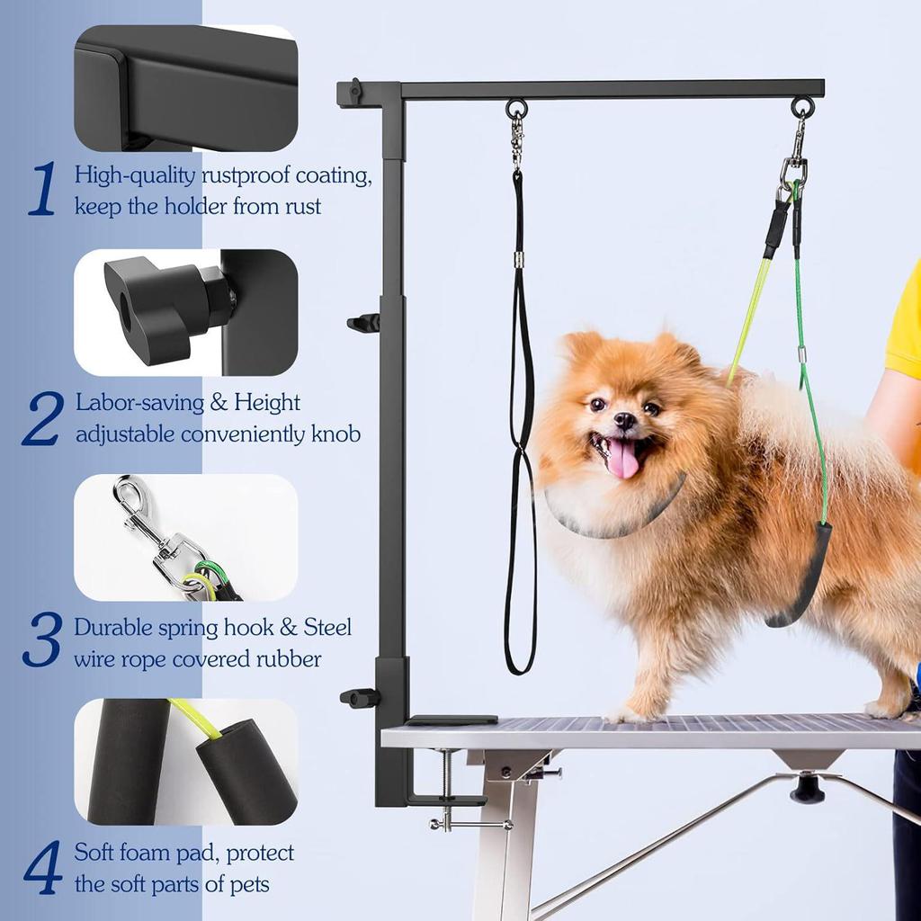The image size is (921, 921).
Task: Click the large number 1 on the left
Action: point(42,190)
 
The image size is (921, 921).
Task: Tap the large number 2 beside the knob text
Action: point(43,418)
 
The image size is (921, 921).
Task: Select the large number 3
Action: point(42,640)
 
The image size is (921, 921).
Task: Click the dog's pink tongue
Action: point(622,460)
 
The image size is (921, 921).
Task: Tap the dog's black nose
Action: point(625,419)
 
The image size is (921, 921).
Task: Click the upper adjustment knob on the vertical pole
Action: point(363,322)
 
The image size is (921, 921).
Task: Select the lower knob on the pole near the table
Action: point(359,697)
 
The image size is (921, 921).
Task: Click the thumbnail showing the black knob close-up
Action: point(185,312)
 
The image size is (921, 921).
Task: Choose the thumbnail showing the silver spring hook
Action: point(185,537)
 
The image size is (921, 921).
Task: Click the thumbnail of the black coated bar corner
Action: point(185,88)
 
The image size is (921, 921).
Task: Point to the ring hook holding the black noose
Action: point(516,110)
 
